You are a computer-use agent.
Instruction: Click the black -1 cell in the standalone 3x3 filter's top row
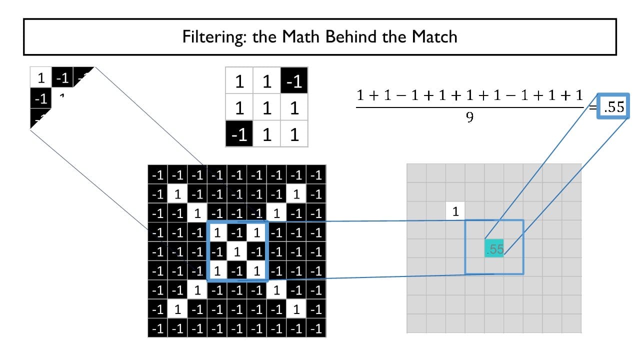(294, 81)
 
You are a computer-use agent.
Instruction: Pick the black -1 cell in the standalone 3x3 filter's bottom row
(239, 134)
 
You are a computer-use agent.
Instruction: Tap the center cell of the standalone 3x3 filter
(267, 108)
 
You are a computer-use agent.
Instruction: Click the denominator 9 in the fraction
(470, 118)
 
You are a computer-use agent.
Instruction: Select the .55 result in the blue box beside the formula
(613, 106)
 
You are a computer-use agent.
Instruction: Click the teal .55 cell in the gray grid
(494, 249)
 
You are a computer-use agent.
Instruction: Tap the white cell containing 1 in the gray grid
(455, 211)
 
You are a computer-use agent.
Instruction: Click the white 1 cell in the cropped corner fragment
(41, 77)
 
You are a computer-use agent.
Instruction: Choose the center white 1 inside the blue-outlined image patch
(237, 251)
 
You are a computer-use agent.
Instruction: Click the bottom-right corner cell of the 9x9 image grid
(316, 328)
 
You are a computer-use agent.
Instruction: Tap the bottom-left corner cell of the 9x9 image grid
(158, 328)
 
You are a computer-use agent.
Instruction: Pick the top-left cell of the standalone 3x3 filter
(239, 81)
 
